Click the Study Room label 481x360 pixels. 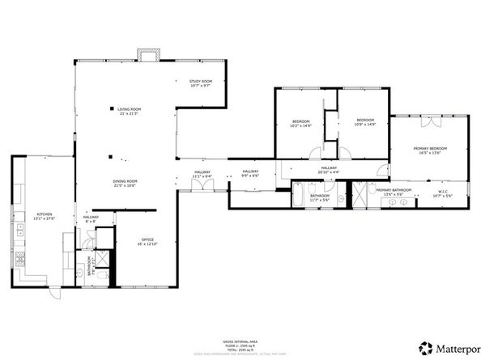coord(200,83)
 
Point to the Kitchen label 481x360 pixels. coord(43,215)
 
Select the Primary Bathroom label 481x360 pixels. coord(394,191)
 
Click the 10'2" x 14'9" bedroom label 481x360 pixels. coord(302,124)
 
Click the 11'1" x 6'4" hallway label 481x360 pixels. coord(202,173)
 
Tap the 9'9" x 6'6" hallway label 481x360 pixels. coord(250,173)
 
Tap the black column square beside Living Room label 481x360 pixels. coord(112,108)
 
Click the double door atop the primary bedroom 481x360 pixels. coord(432,122)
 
